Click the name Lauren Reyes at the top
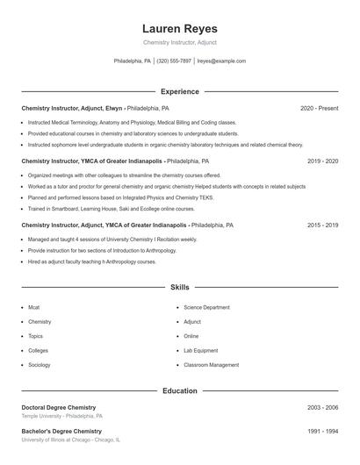pyautogui.click(x=179, y=28)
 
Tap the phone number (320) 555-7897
pyautogui.click(x=174, y=61)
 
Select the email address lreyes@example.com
pyautogui.click(x=221, y=61)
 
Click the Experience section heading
pyautogui.click(x=180, y=91)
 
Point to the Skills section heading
pyautogui.click(x=180, y=287)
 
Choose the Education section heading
pyautogui.click(x=180, y=390)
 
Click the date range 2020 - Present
pyautogui.click(x=319, y=108)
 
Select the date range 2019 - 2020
pyautogui.click(x=322, y=161)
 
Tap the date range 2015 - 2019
pyautogui.click(x=322, y=225)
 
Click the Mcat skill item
pyautogui.click(x=34, y=308)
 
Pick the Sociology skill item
pyautogui.click(x=39, y=364)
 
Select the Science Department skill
pyautogui.click(x=206, y=308)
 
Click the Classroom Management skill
pyautogui.click(x=211, y=364)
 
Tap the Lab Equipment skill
pyautogui.click(x=200, y=350)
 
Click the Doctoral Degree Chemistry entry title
pyautogui.click(x=59, y=408)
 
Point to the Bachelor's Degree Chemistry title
pyautogui.click(x=61, y=432)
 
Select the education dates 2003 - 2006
pyautogui.click(x=322, y=408)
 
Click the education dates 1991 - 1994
pyautogui.click(x=322, y=432)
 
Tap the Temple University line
pyautogui.click(x=62, y=417)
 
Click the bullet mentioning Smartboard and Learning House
pyautogui.click(x=99, y=209)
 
